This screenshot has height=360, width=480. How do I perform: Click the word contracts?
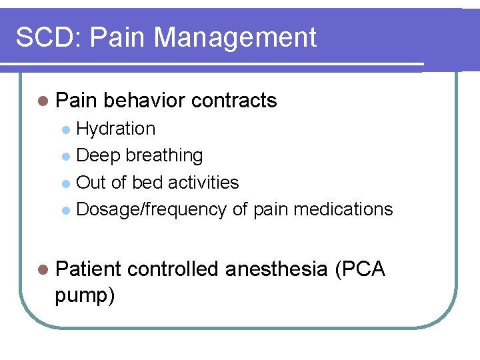click(233, 101)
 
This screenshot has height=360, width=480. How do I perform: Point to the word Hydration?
click(116, 129)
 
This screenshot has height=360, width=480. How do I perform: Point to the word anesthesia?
click(276, 269)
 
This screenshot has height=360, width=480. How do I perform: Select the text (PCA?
click(361, 269)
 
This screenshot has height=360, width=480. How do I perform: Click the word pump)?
click(85, 295)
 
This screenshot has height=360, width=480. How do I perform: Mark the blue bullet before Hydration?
click(65, 129)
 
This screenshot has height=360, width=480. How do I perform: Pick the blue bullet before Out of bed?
click(65, 183)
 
